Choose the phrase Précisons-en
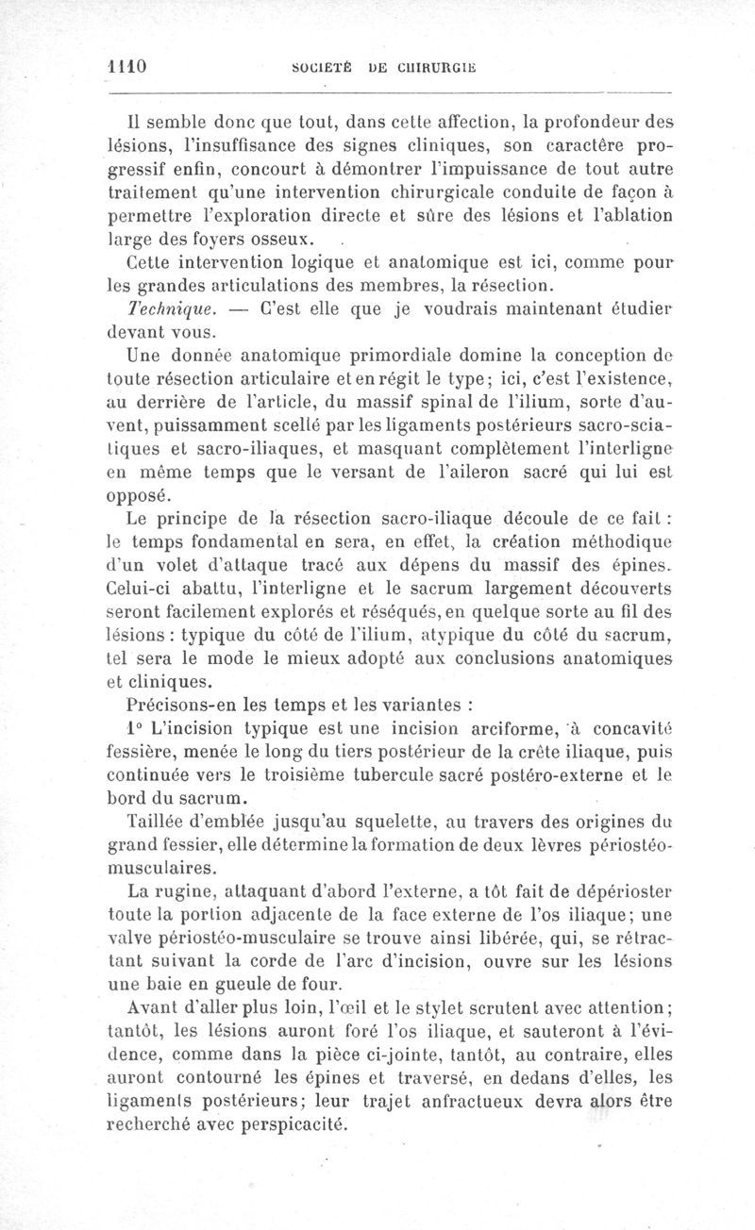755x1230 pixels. tap(178, 704)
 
